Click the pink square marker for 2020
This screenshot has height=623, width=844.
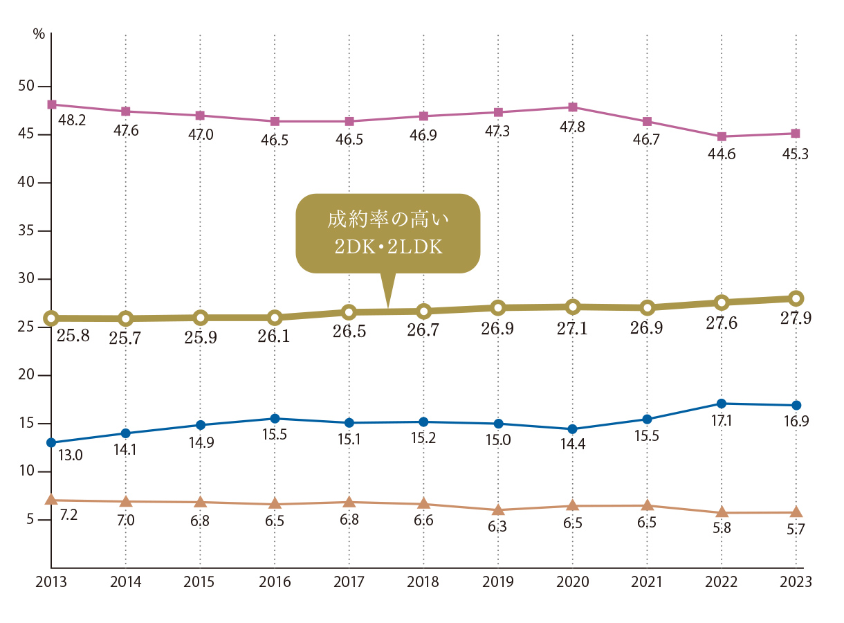coord(573,107)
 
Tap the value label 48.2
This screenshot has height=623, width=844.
coord(72,120)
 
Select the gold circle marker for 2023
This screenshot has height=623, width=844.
coord(796,298)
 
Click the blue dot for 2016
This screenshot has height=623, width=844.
coord(275,419)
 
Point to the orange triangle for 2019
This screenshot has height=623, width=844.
coord(498,510)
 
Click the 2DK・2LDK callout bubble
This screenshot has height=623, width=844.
coord(387,233)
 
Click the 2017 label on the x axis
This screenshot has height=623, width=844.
coord(349,582)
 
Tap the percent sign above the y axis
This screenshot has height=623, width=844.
coord(39,34)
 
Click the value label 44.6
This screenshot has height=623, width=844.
coord(722,154)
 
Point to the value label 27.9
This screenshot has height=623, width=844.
coord(796,319)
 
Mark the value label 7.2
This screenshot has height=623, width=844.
coord(68,516)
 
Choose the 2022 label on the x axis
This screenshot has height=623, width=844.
coord(722,582)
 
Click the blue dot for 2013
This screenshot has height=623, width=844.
coord(51,442)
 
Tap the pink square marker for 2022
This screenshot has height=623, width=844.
coord(722,136)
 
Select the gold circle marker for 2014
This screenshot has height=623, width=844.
coord(126,318)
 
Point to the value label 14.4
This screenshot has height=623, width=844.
coord(573,445)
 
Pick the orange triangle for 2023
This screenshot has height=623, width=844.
coord(796,512)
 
